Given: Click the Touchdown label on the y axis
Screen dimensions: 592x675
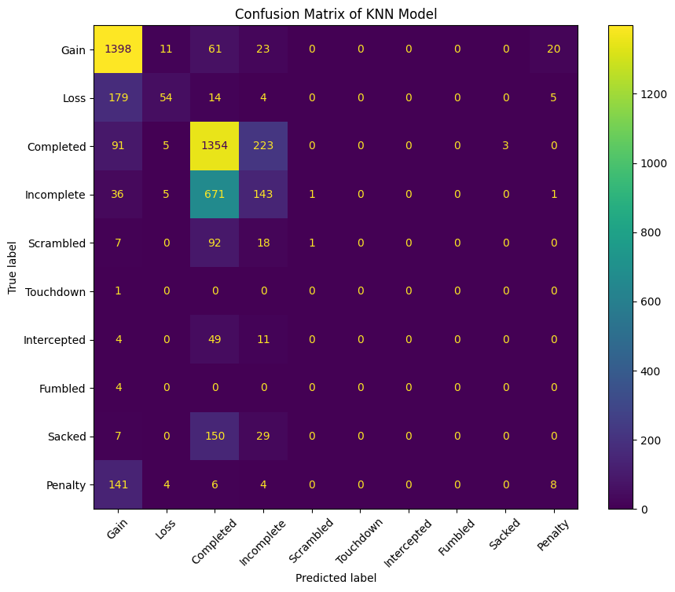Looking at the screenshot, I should pyautogui.click(x=54, y=291).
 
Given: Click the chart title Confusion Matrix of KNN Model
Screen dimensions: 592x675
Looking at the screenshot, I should pyautogui.click(x=336, y=13).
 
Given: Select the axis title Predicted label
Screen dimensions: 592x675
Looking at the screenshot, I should pyautogui.click(x=336, y=578).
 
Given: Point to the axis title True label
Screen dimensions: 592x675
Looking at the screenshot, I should pyautogui.click(x=13, y=267).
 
